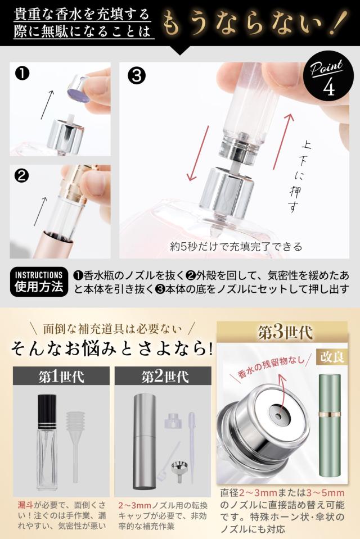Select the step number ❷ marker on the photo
(22, 176)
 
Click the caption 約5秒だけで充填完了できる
(236, 246)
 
